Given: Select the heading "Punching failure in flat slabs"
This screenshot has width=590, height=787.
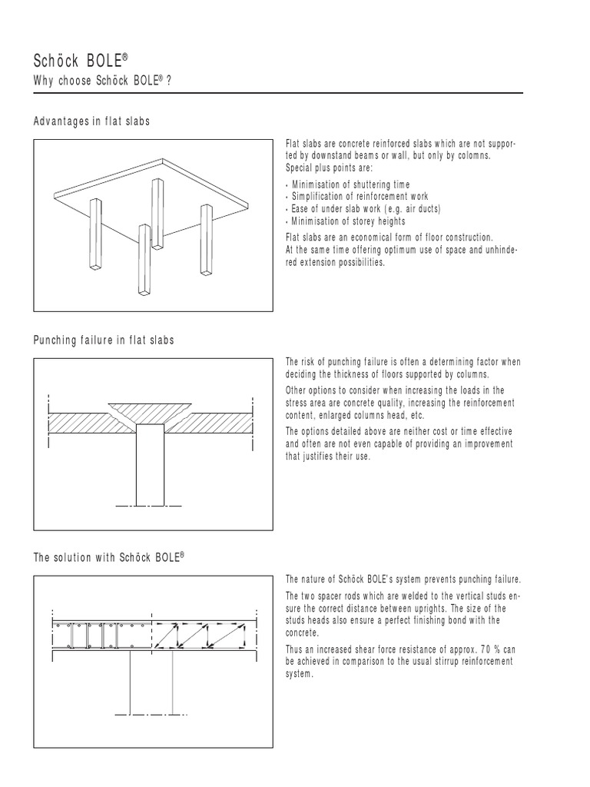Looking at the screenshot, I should point(104,340).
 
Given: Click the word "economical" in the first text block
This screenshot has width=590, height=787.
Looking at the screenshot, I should point(368,237).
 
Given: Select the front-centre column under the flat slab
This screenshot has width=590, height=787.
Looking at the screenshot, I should point(143,259).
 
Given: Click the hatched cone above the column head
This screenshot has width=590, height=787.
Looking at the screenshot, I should point(151,410).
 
